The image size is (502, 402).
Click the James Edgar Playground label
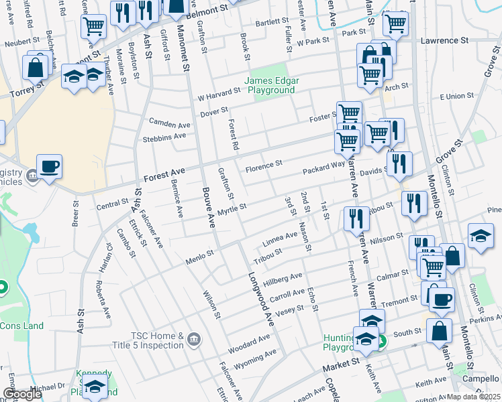[272, 86]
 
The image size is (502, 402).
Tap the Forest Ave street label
[164, 179]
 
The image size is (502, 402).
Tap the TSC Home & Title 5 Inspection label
[148, 340]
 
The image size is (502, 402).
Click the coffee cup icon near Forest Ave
[49, 165]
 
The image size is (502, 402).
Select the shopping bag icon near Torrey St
[35, 67]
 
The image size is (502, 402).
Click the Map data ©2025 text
[473, 397]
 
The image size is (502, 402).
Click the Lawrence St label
[444, 41]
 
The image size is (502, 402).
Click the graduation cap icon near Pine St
[481, 236]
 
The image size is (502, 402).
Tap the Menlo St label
[199, 254]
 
